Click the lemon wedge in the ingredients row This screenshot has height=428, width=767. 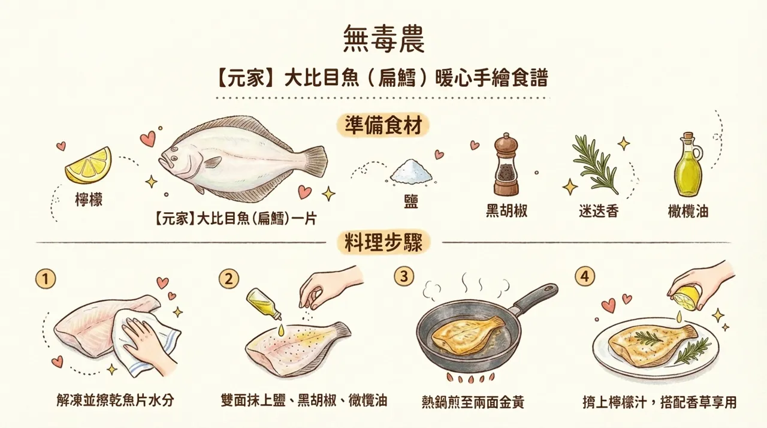pyautogui.click(x=88, y=166)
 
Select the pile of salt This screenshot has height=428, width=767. pyautogui.click(x=411, y=171)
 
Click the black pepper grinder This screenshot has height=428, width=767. pyautogui.click(x=506, y=165)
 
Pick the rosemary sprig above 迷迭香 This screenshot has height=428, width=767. pyautogui.click(x=594, y=164)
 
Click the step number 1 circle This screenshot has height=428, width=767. pyautogui.click(x=46, y=278)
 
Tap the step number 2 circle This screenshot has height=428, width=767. pyautogui.click(x=229, y=278)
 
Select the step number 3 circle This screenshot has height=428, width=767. pyautogui.click(x=404, y=276)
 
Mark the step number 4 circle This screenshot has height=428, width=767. pyautogui.click(x=584, y=276)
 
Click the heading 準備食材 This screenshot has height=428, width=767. pyautogui.click(x=383, y=126)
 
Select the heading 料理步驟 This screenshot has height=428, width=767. pyautogui.click(x=383, y=243)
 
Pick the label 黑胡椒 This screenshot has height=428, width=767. pyautogui.click(x=506, y=212)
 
